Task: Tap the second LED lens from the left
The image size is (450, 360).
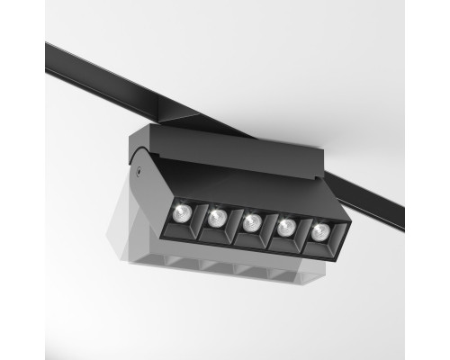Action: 216,217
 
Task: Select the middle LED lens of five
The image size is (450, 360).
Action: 251,221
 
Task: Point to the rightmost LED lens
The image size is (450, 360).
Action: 321,231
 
